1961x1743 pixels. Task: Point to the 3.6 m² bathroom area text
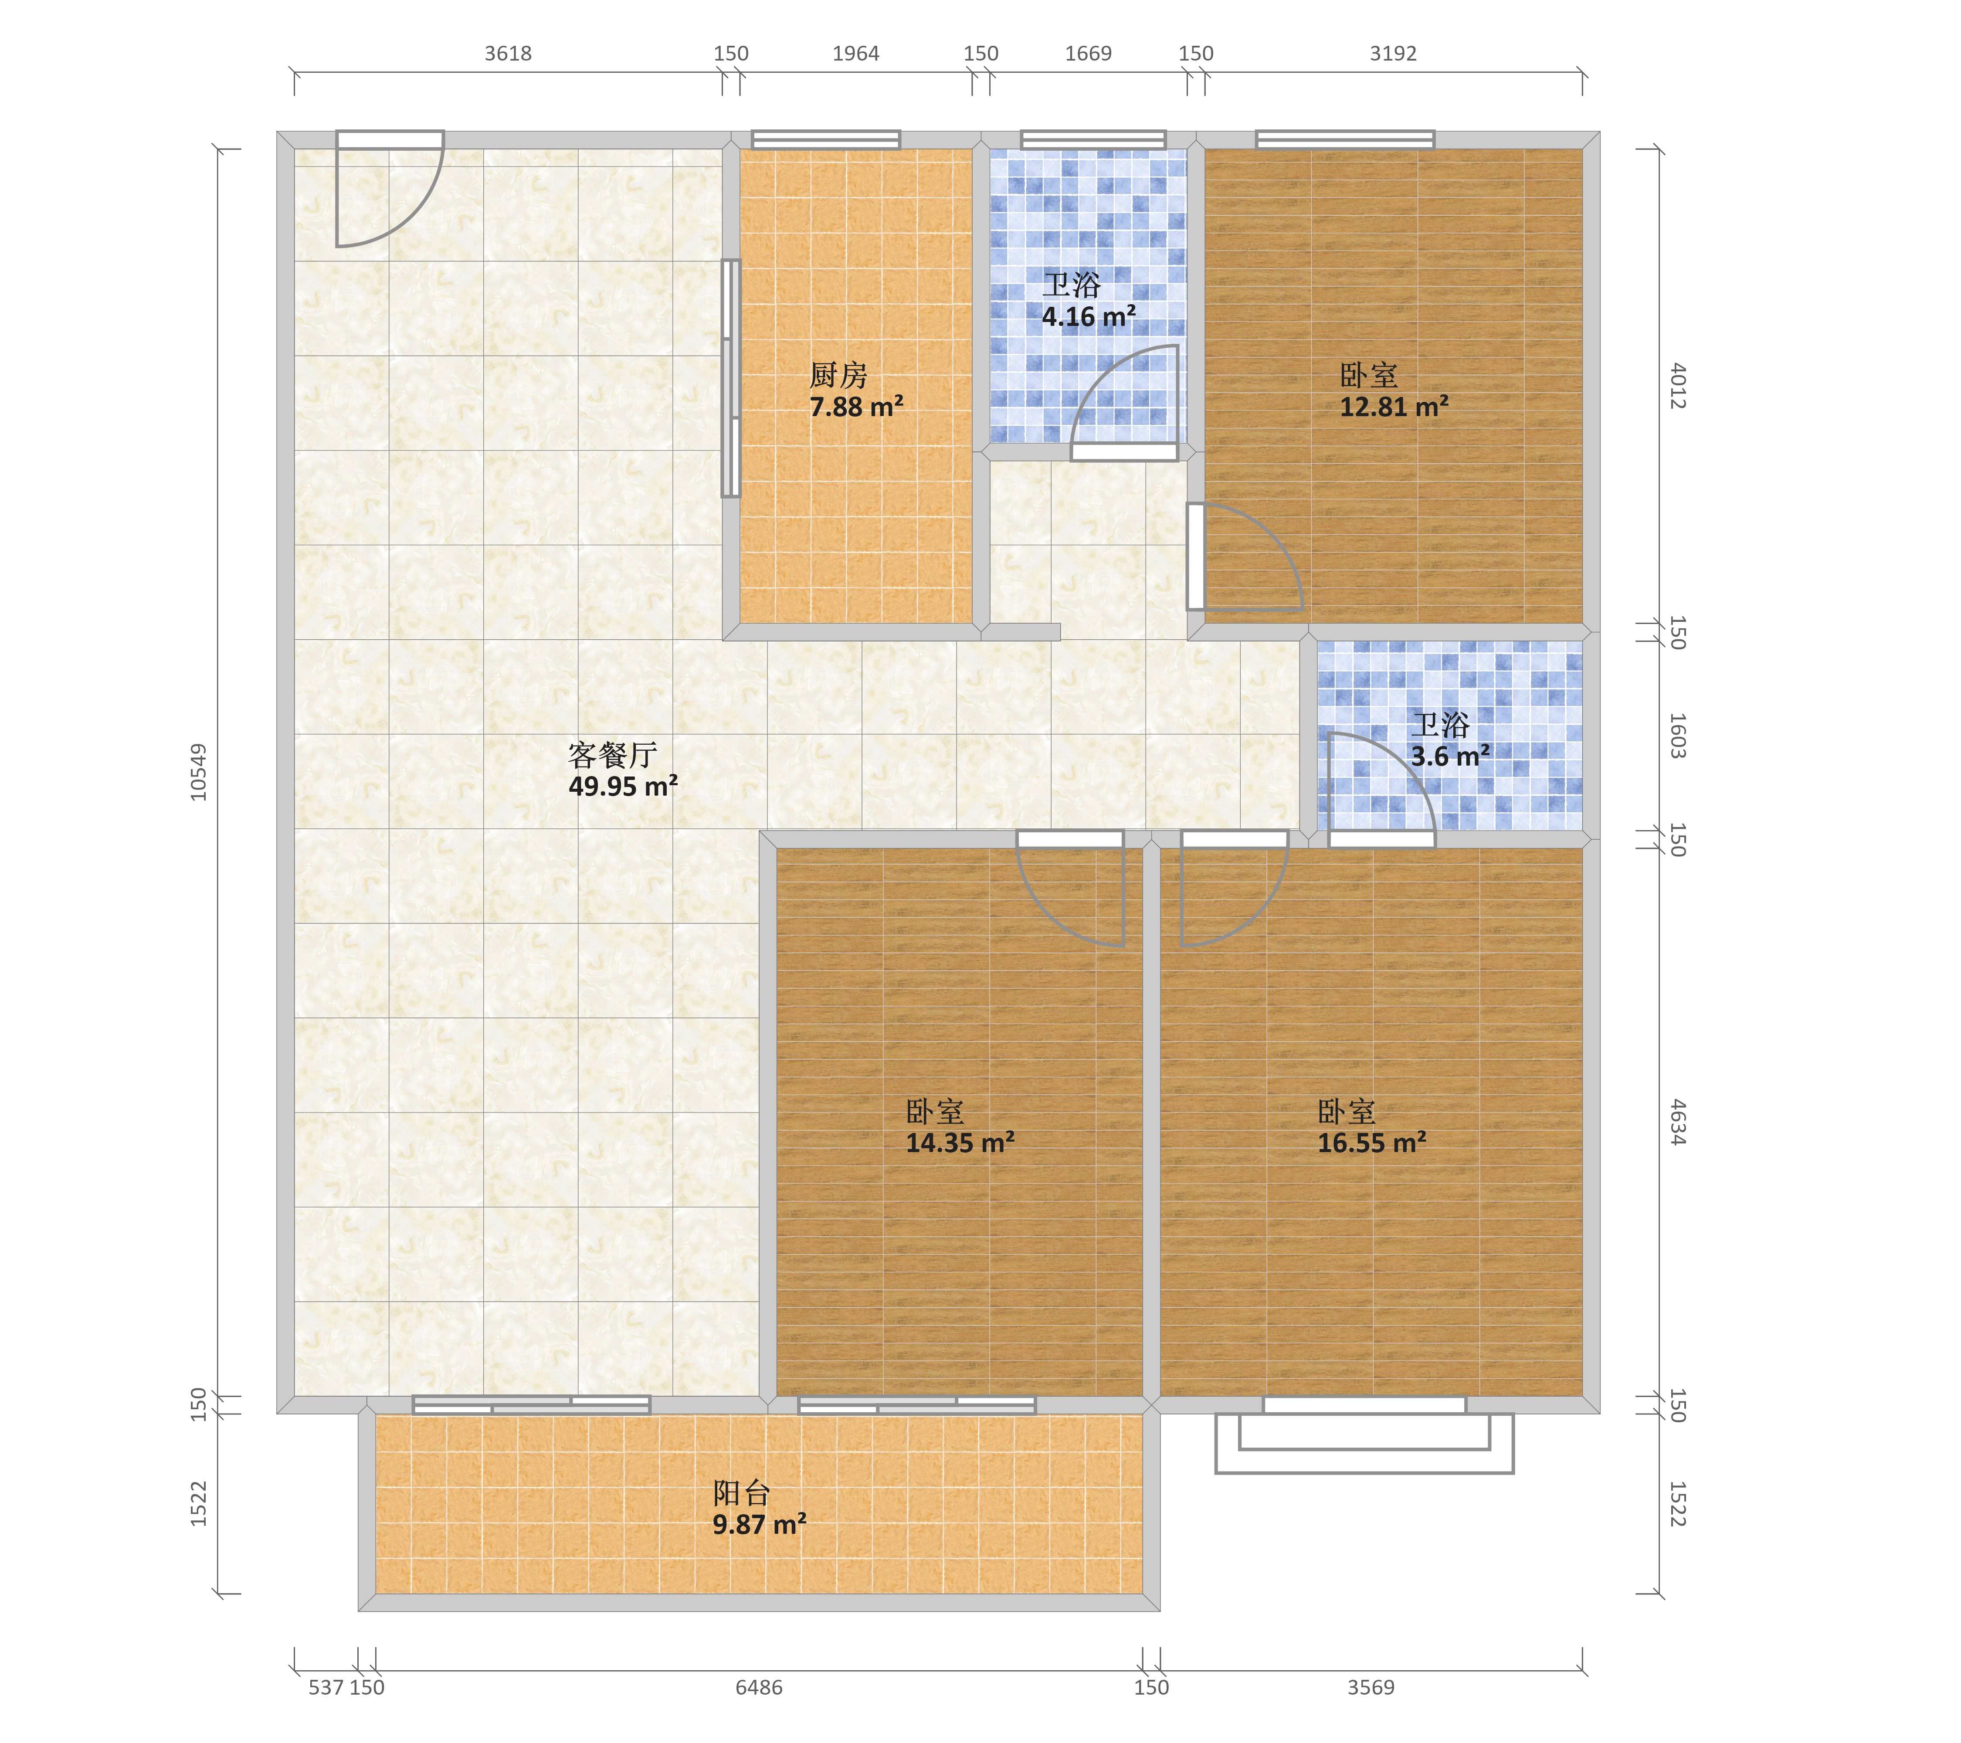click(1450, 757)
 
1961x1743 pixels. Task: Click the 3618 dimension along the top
click(508, 54)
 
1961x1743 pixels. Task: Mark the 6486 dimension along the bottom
click(759, 1687)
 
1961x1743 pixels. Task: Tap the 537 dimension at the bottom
click(326, 1687)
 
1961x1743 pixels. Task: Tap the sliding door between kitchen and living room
click(731, 378)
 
